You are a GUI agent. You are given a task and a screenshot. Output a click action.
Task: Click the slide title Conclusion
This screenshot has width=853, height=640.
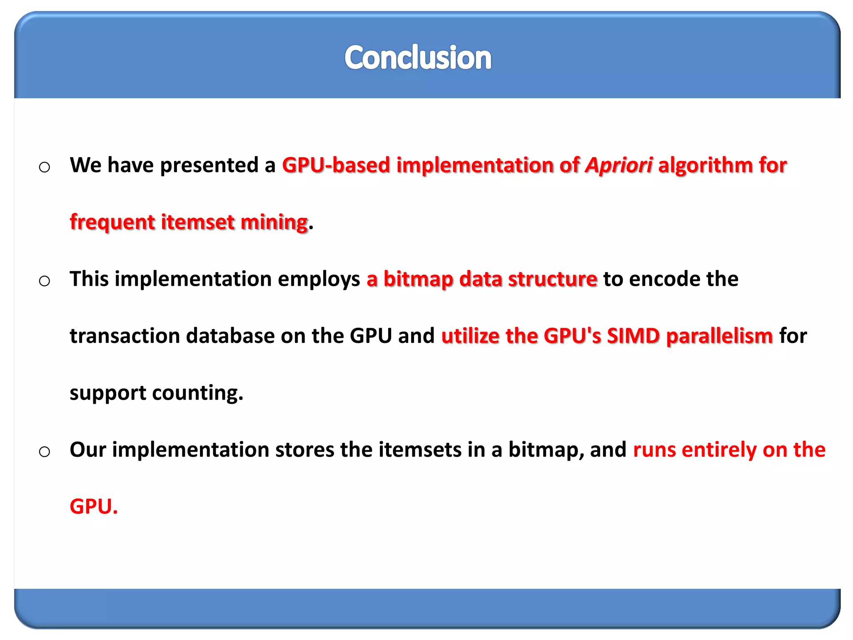[418, 57]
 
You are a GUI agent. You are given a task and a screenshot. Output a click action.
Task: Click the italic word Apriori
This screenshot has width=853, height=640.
[619, 165]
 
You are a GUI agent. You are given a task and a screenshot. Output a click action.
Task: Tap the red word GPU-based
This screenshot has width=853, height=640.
[336, 165]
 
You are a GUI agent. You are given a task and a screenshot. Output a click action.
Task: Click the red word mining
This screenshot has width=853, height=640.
[274, 222]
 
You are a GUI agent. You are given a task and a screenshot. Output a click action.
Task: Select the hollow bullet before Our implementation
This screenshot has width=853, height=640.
[45, 452]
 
